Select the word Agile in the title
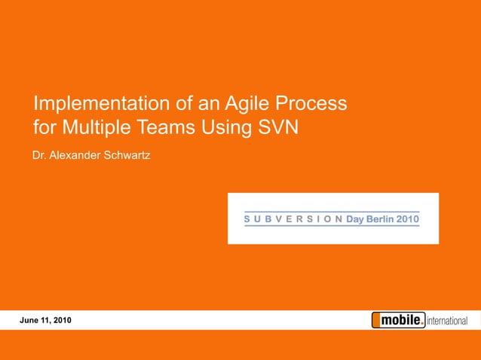(227, 103)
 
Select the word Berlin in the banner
(382, 219)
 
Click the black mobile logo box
(398, 320)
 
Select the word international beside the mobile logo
(448, 322)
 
